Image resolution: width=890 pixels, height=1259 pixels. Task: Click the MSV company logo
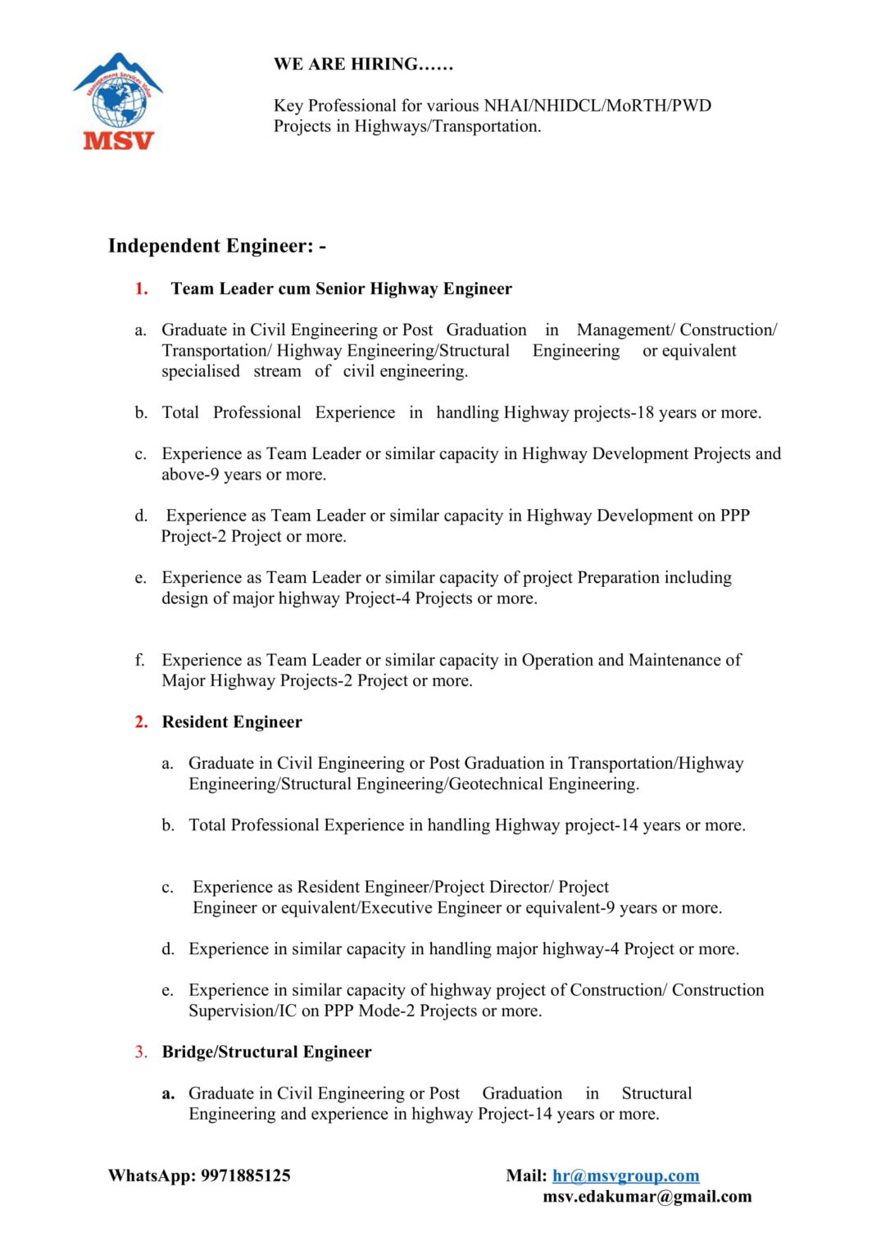click(119, 102)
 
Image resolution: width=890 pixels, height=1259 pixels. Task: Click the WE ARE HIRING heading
click(363, 64)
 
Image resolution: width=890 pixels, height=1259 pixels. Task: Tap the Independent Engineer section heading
click(217, 246)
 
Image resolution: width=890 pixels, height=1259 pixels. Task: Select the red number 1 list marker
click(141, 289)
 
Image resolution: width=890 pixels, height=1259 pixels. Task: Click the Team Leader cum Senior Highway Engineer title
click(341, 289)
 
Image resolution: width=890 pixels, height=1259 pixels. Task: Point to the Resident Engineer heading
click(232, 722)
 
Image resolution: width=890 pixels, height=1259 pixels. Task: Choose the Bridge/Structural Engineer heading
click(266, 1052)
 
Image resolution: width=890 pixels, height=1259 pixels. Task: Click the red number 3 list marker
click(141, 1052)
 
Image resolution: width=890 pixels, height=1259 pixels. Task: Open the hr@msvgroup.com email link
click(625, 1176)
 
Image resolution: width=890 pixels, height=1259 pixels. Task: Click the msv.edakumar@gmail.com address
click(647, 1197)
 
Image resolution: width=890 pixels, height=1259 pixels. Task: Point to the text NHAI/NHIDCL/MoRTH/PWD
click(597, 106)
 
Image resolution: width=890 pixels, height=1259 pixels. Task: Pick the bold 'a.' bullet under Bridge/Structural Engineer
click(168, 1093)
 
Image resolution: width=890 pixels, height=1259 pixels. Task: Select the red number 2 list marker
click(141, 722)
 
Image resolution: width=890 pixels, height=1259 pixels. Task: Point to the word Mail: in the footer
click(526, 1176)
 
